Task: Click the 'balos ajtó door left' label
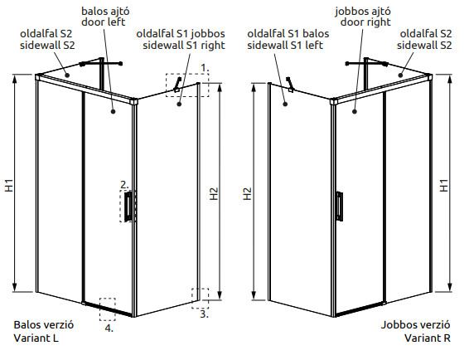(x=105, y=17)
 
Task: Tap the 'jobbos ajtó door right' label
(x=362, y=17)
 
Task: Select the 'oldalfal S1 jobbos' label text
(x=181, y=33)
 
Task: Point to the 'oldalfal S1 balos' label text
(x=288, y=33)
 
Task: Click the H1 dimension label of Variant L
(x=9, y=185)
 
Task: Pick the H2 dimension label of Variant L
(x=214, y=194)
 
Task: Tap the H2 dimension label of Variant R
(x=248, y=194)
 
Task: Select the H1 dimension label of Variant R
(x=444, y=185)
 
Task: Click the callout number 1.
(x=205, y=68)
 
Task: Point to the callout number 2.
(x=124, y=185)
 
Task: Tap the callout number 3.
(x=205, y=314)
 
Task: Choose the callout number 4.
(x=109, y=328)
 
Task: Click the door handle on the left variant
(x=128, y=207)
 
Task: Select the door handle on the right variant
(x=340, y=207)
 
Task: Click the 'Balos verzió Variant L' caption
(x=44, y=331)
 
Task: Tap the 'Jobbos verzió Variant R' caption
(x=415, y=331)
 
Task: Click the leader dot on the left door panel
(x=113, y=111)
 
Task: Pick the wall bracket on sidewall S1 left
(x=289, y=85)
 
